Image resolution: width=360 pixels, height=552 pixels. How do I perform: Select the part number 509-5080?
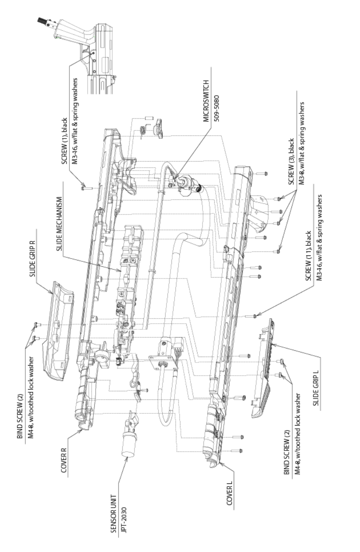tap(216, 131)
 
